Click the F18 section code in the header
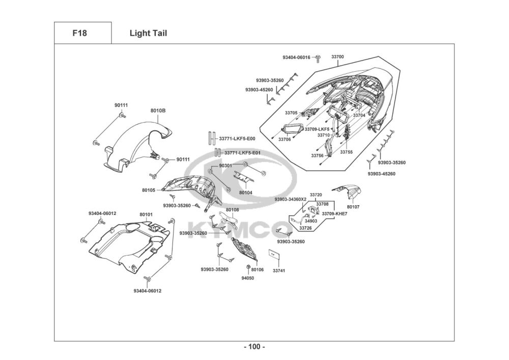(x=79, y=33)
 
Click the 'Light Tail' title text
(x=148, y=33)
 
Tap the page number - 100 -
(x=254, y=347)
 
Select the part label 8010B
(x=158, y=110)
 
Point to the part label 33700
(x=337, y=57)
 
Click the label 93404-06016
(x=296, y=58)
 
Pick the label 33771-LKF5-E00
(x=237, y=139)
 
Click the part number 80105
(x=149, y=190)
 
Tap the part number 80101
(x=146, y=214)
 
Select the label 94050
(x=248, y=278)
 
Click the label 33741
(x=279, y=270)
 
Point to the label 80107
(x=353, y=207)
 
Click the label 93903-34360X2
(x=291, y=199)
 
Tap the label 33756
(x=318, y=155)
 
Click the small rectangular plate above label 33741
(x=274, y=254)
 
